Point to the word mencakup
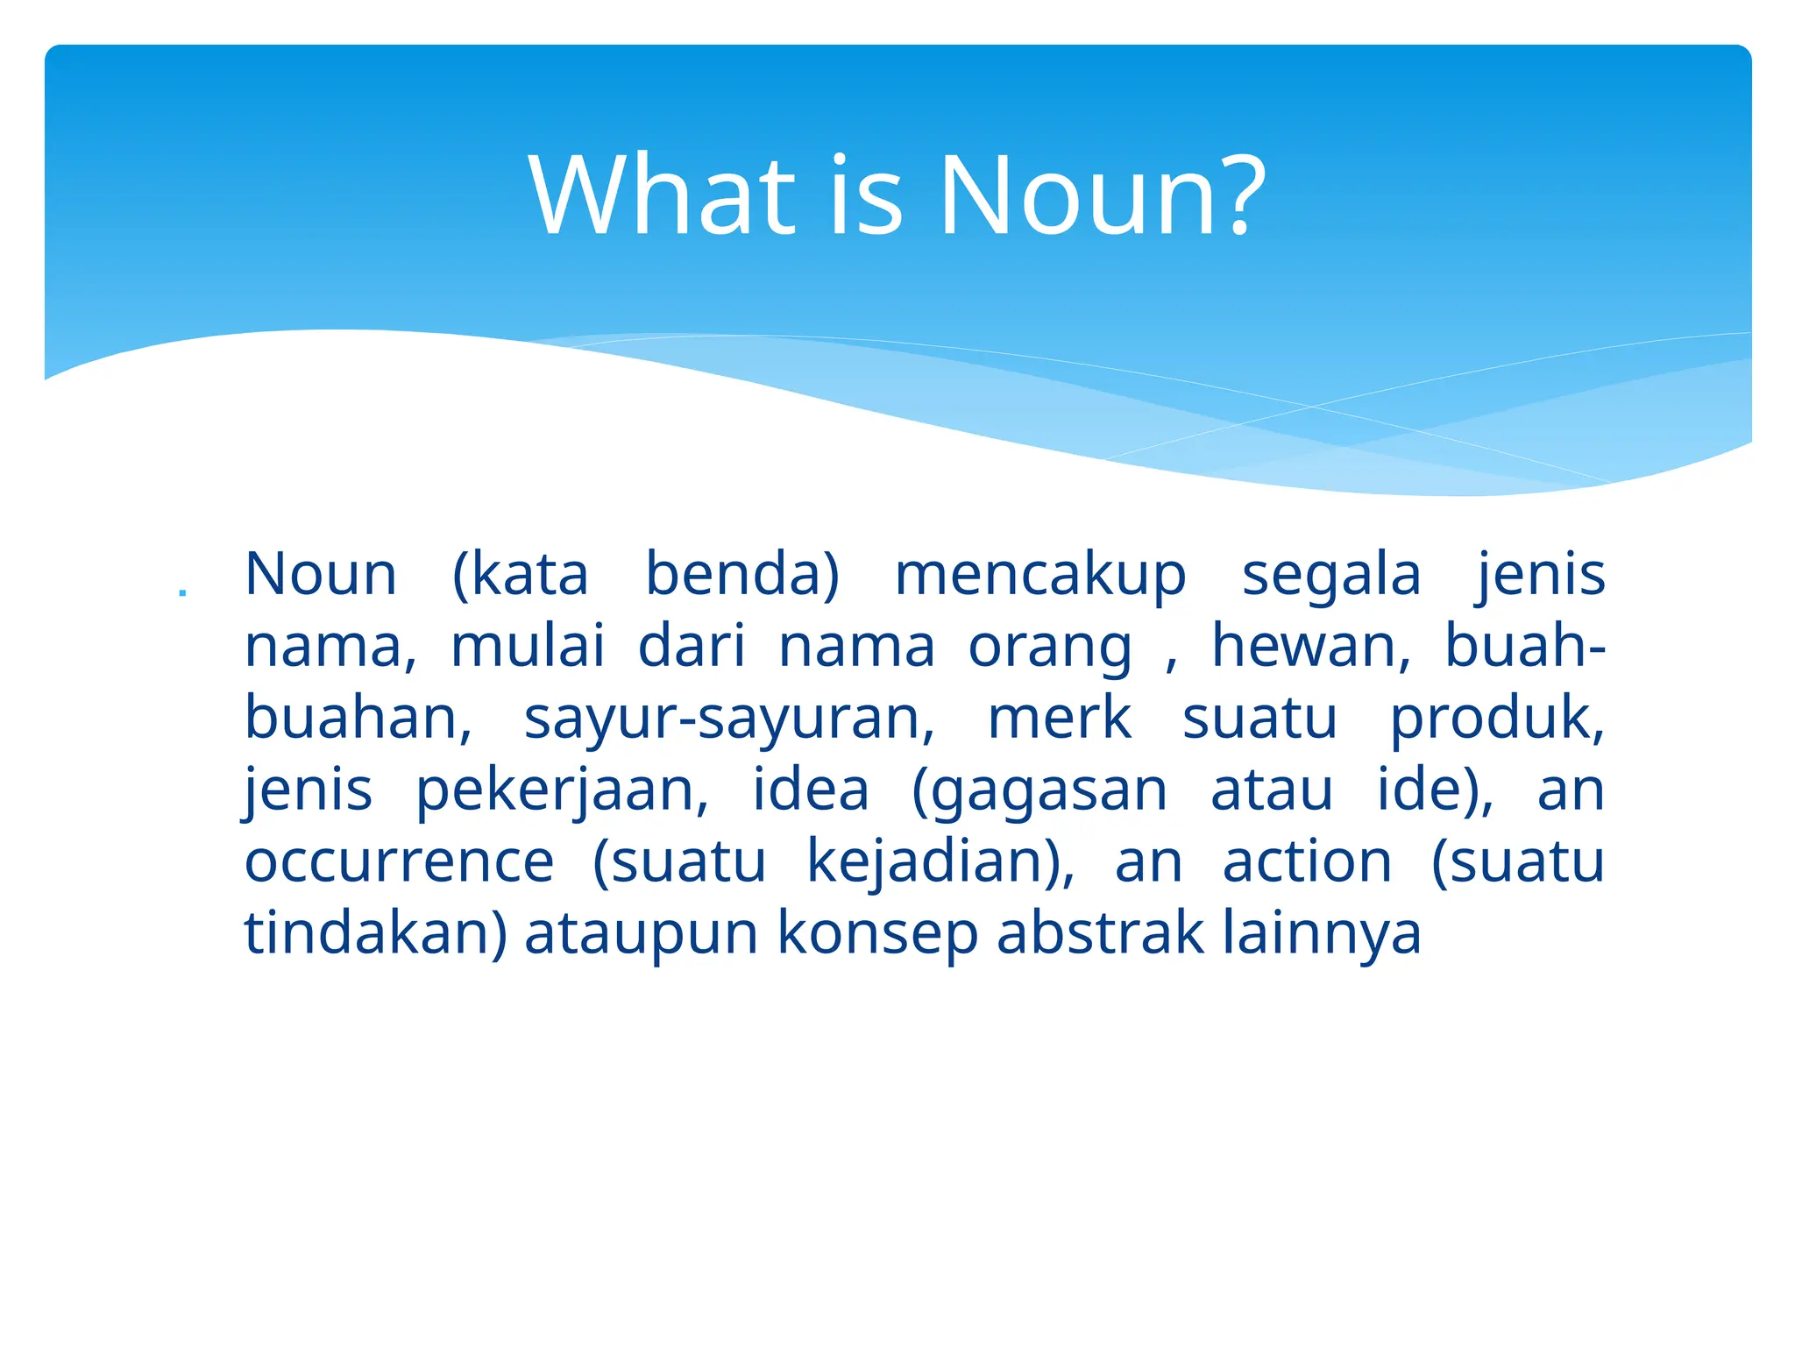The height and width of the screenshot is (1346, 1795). point(1040,575)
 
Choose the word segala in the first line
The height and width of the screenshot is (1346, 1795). point(1331,575)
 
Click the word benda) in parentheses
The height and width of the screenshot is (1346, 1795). point(742,575)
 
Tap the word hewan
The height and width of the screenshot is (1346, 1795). point(1311,647)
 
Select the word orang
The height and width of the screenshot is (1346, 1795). point(1050,648)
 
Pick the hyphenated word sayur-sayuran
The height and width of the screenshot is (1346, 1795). point(729,719)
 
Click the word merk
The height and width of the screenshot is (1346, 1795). point(1060,719)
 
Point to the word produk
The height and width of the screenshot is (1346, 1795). point(1497,719)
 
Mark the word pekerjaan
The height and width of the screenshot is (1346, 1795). point(562,790)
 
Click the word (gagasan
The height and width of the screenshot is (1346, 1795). point(1039,790)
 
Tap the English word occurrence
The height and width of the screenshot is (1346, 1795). point(400,862)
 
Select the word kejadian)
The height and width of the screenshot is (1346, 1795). point(940,862)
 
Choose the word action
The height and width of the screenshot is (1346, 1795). point(1307,862)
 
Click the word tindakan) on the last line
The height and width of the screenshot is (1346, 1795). point(375,933)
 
